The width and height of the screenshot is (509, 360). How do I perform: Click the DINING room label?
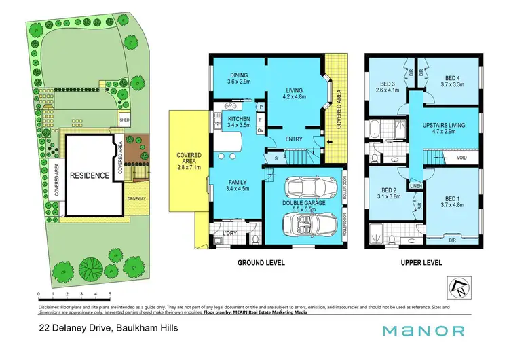click(x=238, y=76)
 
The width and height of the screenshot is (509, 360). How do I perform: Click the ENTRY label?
click(x=294, y=139)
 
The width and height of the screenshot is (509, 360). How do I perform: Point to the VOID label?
click(x=461, y=158)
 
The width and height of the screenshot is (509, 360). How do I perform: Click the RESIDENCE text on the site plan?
click(x=91, y=175)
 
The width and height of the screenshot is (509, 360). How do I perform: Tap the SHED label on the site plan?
click(x=124, y=120)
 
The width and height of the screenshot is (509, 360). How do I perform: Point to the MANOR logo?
click(x=424, y=331)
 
